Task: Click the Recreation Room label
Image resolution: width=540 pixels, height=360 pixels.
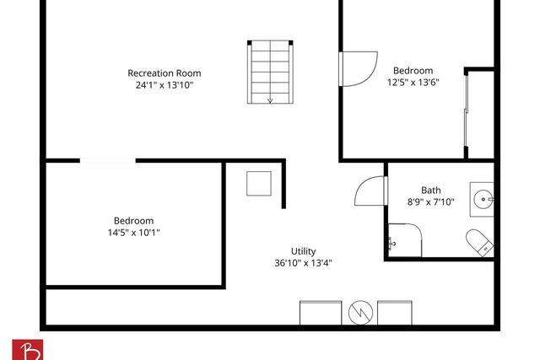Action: [164, 73]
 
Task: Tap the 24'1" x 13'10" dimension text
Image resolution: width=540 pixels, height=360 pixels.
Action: [164, 85]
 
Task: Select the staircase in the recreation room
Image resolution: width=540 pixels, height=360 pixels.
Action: [270, 73]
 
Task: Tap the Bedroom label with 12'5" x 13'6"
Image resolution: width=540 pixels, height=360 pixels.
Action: [413, 70]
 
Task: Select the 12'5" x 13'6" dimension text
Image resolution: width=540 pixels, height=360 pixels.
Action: [413, 82]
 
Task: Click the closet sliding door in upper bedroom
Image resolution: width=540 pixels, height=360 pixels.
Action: [467, 114]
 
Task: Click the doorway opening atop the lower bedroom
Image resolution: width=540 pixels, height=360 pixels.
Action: [107, 160]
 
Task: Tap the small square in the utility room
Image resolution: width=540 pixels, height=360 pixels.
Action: [259, 184]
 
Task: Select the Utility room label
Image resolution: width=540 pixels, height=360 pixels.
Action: [304, 250]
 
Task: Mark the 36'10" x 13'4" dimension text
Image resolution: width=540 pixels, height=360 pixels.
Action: [304, 262]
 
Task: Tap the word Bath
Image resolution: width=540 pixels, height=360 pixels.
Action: [431, 190]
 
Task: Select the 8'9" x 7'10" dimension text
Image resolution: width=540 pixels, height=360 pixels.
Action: [431, 201]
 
